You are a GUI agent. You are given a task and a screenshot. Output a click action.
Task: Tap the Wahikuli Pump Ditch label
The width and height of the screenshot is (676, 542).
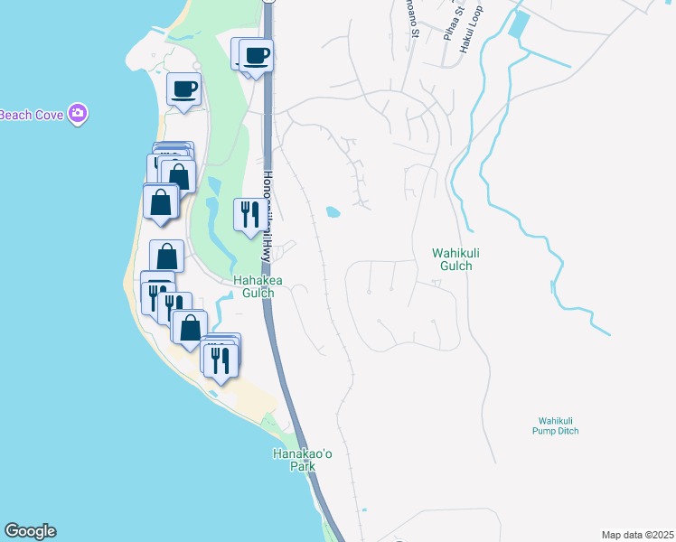point(555,425)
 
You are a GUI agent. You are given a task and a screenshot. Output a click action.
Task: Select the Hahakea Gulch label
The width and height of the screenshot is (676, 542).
point(258,286)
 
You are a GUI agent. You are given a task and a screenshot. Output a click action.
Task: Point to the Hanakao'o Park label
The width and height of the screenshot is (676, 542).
point(303,460)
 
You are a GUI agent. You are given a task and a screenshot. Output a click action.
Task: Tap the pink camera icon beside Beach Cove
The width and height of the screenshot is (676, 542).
point(79,113)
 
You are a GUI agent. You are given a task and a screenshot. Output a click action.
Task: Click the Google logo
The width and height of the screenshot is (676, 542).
point(30,531)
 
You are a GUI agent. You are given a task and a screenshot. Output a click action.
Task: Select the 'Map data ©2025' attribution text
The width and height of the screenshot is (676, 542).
point(637,535)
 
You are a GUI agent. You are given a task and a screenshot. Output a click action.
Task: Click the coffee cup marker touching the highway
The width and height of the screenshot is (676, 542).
point(257,57)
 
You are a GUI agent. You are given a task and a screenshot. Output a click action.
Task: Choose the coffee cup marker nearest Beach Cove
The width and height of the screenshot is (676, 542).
point(184,89)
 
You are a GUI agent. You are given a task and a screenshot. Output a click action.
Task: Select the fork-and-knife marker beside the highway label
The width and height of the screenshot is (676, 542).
point(250,215)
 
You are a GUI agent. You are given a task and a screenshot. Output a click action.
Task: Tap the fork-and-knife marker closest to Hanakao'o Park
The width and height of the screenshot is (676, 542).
point(221,360)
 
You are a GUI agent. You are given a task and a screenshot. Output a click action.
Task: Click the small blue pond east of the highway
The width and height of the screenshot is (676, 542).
point(333,213)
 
